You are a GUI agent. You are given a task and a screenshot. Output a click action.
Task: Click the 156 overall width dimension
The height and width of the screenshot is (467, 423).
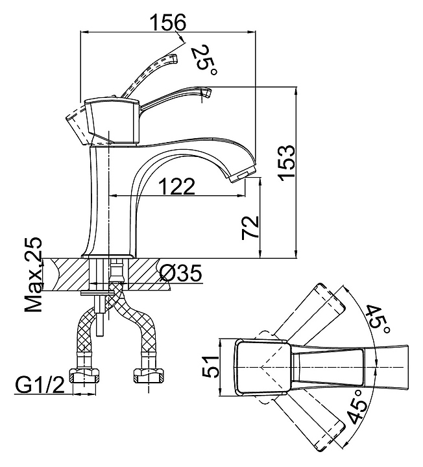168,22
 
